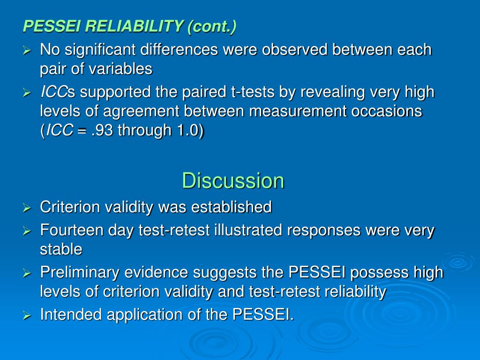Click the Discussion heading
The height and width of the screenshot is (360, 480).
[x=233, y=181]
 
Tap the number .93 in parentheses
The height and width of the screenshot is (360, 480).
[x=103, y=131]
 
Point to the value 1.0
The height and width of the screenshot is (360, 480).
[x=188, y=131]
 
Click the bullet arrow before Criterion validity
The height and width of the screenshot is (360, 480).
[x=27, y=207]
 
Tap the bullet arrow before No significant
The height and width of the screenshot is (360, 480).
[x=27, y=50]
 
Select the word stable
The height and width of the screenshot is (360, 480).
[x=61, y=249]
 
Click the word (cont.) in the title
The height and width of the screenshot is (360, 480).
[x=212, y=27]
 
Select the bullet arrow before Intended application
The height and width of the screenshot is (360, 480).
[x=27, y=315]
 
